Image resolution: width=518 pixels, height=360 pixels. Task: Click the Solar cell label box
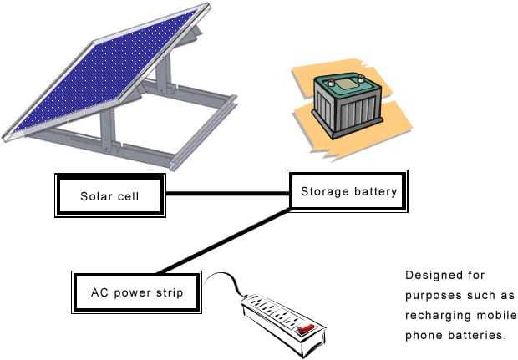109,196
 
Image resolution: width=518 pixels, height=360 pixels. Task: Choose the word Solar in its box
95,197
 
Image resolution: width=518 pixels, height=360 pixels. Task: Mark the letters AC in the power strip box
99,293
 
